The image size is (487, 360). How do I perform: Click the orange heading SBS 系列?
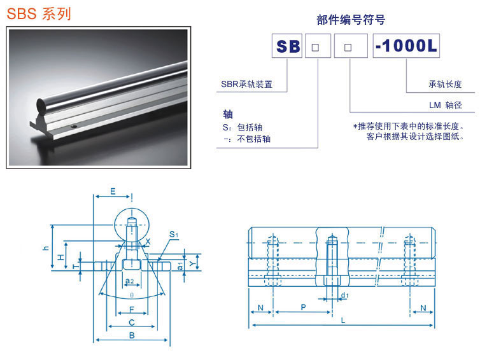39,14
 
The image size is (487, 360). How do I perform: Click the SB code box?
287,46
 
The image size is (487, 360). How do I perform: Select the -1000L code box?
406,46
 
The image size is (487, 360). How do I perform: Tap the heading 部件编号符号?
351,20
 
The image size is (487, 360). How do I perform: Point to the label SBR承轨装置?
246,84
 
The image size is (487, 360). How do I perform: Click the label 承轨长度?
445,84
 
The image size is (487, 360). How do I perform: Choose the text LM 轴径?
446,105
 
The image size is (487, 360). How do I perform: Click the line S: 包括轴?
243,127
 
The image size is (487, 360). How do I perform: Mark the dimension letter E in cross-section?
113,191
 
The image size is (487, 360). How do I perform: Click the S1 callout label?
174,234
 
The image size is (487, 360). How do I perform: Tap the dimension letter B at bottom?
132,335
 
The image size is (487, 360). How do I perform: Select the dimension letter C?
132,322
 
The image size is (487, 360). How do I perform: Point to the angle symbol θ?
132,295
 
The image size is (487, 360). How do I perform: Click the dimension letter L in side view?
343,321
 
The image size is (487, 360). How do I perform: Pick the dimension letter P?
303,307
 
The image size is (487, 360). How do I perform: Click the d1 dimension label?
345,295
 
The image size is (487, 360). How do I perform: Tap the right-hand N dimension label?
423,308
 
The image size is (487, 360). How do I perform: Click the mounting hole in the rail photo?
74,127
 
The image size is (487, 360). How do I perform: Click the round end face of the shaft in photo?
41,106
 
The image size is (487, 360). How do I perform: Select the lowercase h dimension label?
46,248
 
